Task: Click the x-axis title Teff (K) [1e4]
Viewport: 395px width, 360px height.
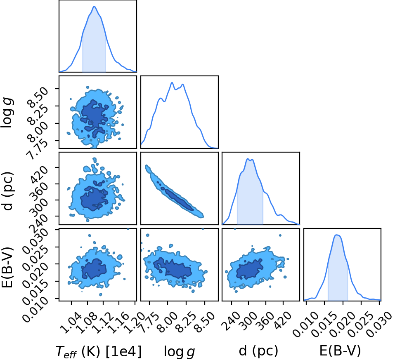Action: coord(98,351)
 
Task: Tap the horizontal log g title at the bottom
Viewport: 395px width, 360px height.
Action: coord(179,351)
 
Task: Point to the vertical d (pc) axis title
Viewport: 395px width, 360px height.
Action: coord(7,191)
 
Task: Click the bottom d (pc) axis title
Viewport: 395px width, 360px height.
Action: coord(258,351)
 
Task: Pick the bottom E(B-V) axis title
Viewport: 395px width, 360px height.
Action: coord(340,351)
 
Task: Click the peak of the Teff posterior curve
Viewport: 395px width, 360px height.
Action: coord(95,6)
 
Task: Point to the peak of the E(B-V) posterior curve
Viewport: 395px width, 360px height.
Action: coord(337,235)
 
